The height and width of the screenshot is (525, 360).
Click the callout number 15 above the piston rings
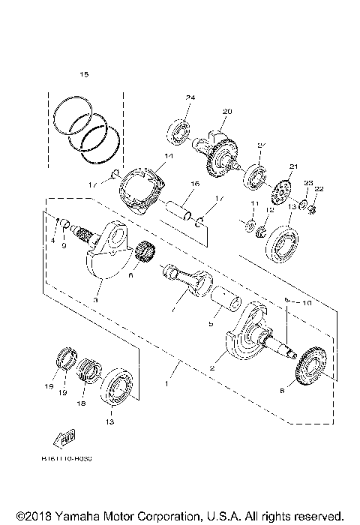(x=84, y=74)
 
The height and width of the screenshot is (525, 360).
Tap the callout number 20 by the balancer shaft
(x=226, y=112)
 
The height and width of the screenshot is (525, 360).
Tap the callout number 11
(x=254, y=204)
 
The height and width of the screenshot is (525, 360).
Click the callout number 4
(x=53, y=240)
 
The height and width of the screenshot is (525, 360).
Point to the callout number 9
(x=64, y=244)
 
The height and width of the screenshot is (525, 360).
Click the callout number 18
(x=82, y=403)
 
